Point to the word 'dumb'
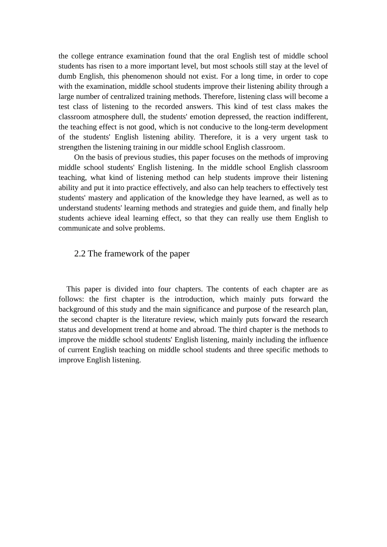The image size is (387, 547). click(67, 77)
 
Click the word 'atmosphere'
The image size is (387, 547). click(110, 117)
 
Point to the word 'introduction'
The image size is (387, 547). click(193, 300)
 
